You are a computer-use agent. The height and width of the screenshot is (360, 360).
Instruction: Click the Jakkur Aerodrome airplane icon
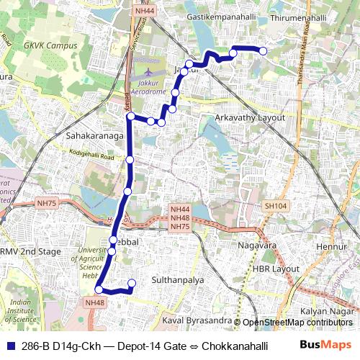pos(149,73)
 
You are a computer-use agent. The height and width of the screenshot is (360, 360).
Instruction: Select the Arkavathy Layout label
pos(250,117)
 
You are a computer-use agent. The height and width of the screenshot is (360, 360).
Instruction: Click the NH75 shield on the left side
pos(47,204)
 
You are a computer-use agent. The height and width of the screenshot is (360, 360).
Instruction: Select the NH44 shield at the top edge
pos(144,11)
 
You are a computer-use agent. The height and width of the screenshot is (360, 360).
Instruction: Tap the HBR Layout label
pos(275,269)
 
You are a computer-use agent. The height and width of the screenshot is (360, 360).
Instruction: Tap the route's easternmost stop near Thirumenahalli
pos(263,51)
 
